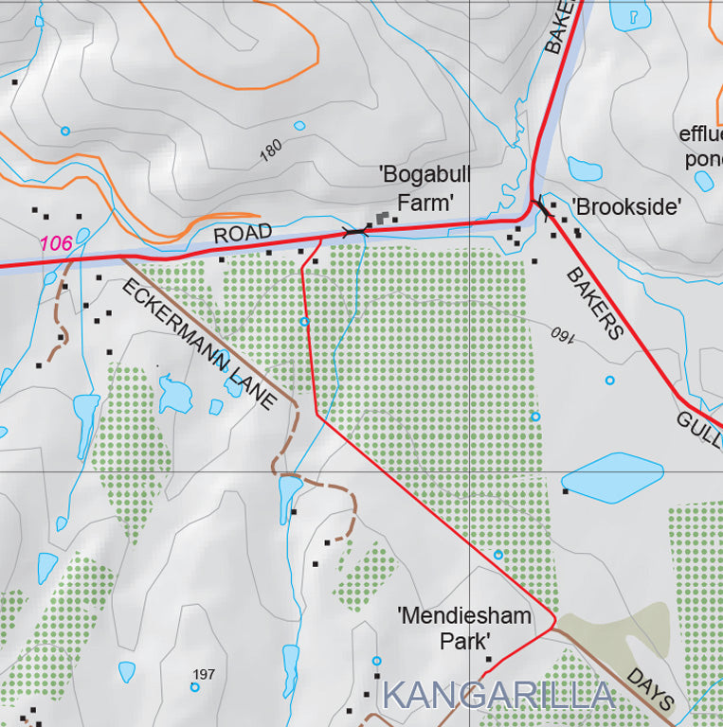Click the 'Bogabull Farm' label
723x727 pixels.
(425, 188)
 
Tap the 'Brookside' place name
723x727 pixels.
(625, 206)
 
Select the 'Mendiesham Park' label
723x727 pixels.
(463, 629)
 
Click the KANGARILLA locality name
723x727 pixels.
(498, 696)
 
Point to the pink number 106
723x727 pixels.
(56, 243)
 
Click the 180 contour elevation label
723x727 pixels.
(271, 151)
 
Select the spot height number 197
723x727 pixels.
(204, 674)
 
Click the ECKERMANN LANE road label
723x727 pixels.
(200, 344)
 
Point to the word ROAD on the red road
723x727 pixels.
(243, 234)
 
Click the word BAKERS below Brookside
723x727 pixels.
(595, 303)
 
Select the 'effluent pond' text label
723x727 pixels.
(701, 146)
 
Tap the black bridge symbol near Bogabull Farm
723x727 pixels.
(356, 231)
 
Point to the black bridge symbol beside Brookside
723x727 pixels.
(540, 205)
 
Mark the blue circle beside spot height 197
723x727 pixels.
(194, 687)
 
